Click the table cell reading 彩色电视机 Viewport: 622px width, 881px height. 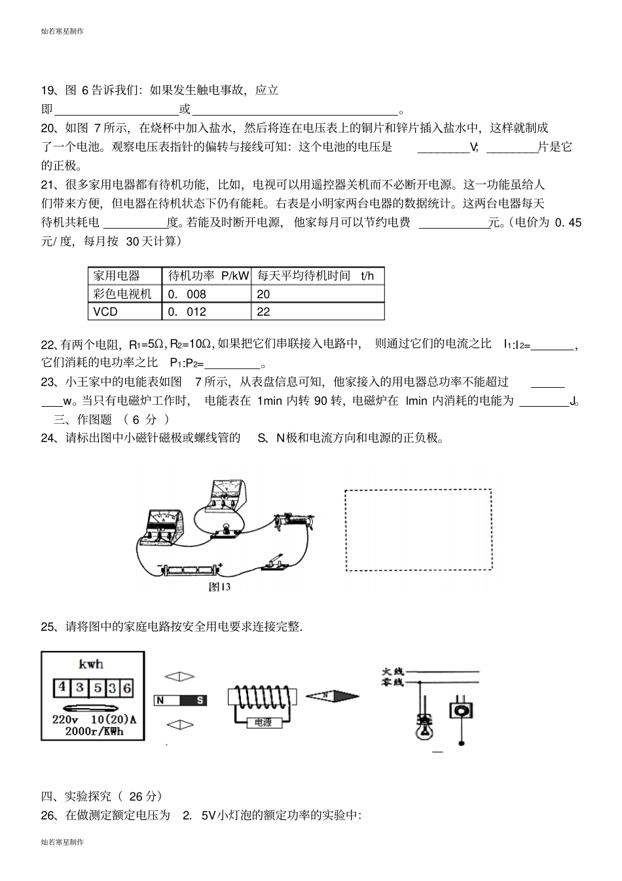pos(122,294)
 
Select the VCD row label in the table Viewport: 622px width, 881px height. pos(105,312)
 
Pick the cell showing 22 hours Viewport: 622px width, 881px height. pos(263,312)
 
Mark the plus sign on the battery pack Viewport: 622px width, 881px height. pos(220,564)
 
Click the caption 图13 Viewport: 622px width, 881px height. pos(219,587)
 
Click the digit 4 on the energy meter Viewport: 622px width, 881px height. pos(62,687)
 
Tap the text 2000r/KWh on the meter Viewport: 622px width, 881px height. pos(94,731)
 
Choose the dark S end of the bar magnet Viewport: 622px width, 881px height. pos(199,700)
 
